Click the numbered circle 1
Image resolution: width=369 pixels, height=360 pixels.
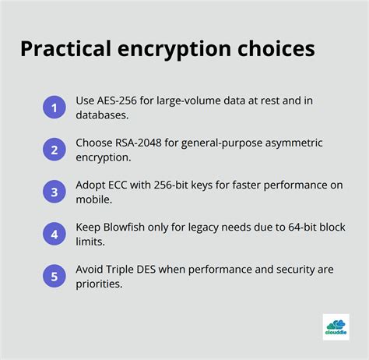click(54, 108)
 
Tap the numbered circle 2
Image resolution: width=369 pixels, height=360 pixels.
click(54, 149)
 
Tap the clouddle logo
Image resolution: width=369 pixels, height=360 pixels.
click(336, 327)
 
